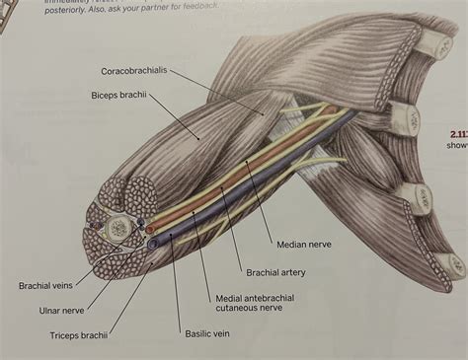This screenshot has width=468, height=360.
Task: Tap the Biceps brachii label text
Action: [112, 97]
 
